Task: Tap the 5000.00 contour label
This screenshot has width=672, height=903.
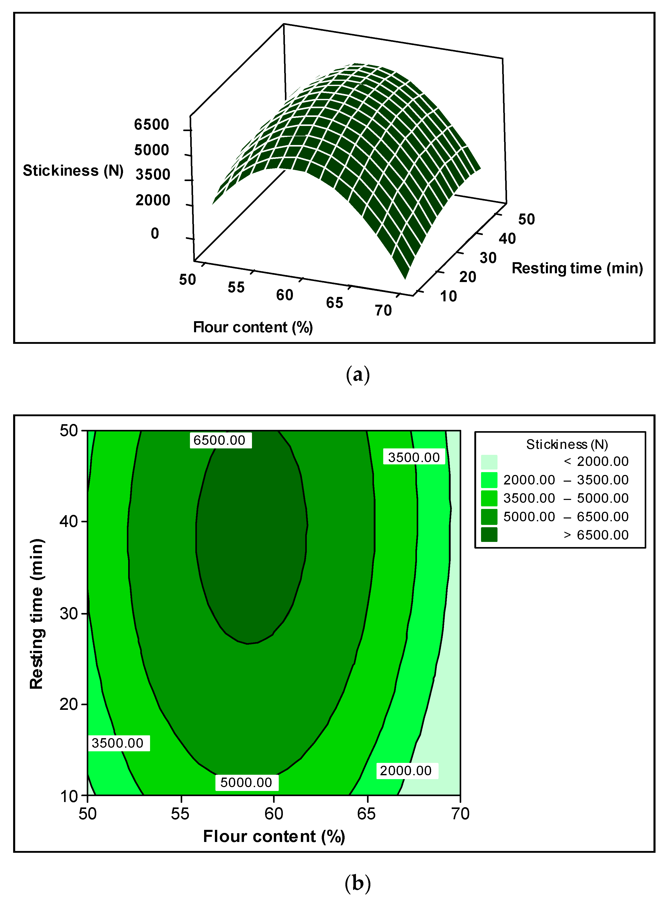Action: coord(246,782)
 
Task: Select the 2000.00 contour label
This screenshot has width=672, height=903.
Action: coord(406,771)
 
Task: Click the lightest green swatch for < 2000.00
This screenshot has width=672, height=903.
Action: coord(489,462)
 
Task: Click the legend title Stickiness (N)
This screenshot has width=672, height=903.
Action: coord(567,444)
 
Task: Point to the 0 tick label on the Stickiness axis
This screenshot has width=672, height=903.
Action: coord(155,234)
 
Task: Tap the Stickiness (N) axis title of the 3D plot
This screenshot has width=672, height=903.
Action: coord(73,171)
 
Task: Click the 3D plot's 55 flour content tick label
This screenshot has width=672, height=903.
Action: coord(236,287)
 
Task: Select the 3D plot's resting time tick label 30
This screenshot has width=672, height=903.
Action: coord(488,258)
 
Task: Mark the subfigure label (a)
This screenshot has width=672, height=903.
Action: coord(357,374)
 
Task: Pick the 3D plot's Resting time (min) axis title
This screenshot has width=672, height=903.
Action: coord(577,268)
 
